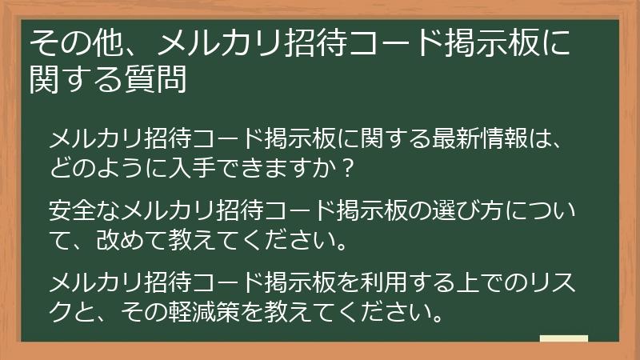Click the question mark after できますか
pos(346,170)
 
